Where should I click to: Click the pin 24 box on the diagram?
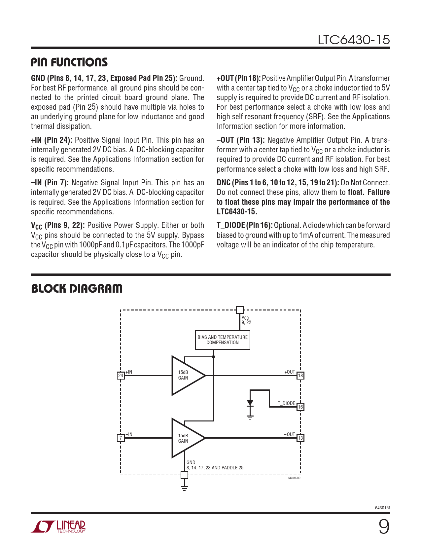(121, 376)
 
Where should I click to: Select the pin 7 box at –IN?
(121, 438)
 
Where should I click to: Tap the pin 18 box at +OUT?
(300, 376)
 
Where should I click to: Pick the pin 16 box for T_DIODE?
(300, 407)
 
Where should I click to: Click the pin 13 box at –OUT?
(300, 438)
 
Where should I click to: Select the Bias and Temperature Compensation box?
(223, 340)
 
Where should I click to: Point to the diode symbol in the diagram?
(250, 403)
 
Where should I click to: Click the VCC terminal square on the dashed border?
(240, 310)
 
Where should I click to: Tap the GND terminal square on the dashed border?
(185, 475)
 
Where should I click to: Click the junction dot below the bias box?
(214, 357)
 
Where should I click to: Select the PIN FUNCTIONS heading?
(69, 62)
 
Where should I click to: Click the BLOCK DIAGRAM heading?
(77, 289)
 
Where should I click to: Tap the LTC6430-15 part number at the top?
(354, 40)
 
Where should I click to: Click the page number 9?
(384, 527)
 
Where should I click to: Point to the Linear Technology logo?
(58, 527)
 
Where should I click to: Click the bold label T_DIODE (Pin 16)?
(244, 225)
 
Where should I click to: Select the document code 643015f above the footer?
(382, 508)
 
